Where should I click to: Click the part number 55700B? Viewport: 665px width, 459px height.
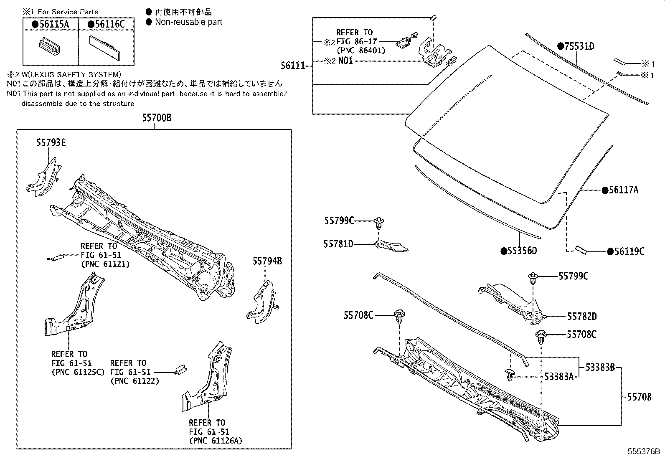pos(156,118)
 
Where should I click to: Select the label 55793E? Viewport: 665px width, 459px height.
pos(51,143)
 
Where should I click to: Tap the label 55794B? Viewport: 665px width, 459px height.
pos(267,261)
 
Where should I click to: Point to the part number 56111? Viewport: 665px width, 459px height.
pos(292,65)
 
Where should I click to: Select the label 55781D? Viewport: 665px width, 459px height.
pos(338,243)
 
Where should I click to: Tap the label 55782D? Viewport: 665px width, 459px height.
pos(582,317)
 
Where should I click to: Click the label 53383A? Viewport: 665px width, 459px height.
pos(558,377)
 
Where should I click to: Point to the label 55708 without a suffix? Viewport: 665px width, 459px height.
pos(639,397)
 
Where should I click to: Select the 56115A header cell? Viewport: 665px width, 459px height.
pos(51,24)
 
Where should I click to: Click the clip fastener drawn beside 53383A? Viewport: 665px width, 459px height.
pos(510,374)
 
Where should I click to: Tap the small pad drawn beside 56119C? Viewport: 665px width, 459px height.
pos(581,249)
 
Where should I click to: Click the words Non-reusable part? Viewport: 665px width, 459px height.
pos(188,22)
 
